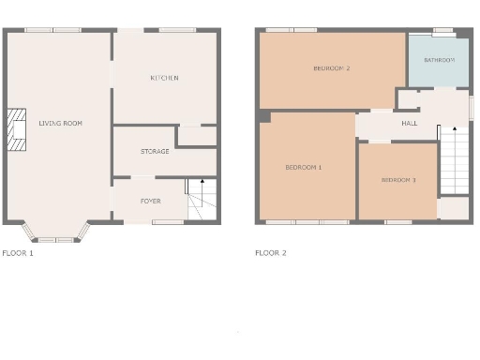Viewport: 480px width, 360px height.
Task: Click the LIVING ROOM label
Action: [60, 123]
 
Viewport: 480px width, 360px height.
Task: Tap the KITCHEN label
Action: [164, 78]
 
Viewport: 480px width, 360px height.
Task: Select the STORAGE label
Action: [155, 151]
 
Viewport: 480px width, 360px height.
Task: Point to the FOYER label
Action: [150, 201]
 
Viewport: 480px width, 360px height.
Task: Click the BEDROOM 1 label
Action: [303, 167]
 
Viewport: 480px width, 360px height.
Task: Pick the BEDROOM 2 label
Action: [332, 68]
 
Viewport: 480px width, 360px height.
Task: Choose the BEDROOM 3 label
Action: [398, 179]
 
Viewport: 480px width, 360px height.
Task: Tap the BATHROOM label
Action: [439, 60]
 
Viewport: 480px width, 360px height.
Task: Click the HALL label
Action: [409, 123]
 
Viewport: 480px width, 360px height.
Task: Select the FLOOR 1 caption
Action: [18, 253]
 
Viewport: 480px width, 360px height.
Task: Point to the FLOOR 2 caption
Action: [271, 253]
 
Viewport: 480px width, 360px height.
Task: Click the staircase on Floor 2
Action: [454, 161]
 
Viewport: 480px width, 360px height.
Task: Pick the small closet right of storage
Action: [197, 137]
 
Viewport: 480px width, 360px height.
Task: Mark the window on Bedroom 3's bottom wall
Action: [398, 222]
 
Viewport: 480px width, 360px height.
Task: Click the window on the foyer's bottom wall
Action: [168, 222]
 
